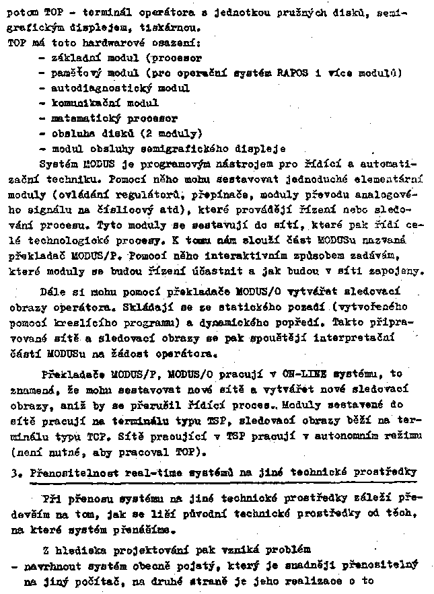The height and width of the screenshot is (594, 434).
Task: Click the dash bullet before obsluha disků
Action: coord(42,133)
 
